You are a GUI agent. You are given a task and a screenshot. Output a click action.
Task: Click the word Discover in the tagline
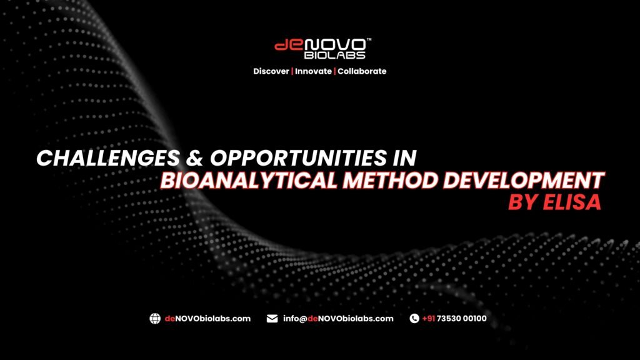pyautogui.click(x=271, y=71)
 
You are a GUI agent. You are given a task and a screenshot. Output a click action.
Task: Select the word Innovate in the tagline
pyautogui.click(x=312, y=71)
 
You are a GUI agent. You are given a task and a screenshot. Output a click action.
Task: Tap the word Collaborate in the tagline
pyautogui.click(x=362, y=71)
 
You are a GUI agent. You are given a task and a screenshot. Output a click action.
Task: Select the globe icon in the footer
pyautogui.click(x=155, y=319)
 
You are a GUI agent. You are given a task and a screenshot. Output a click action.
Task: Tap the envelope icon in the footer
pyautogui.click(x=272, y=319)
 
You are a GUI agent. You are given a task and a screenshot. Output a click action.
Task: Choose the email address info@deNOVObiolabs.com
pyautogui.click(x=338, y=319)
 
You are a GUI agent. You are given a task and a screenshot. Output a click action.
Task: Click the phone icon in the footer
pyautogui.click(x=414, y=319)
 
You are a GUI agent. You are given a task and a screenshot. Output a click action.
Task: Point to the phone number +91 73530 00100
pyautogui.click(x=454, y=319)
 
